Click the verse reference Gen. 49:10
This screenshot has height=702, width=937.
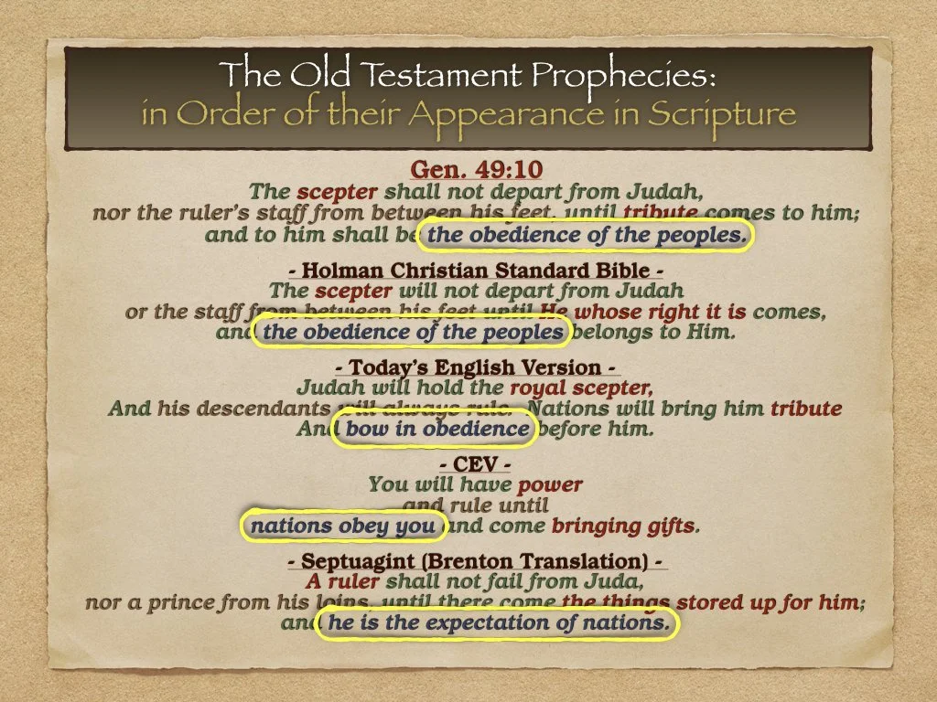tap(468, 171)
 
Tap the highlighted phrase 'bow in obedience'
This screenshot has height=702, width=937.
tap(437, 429)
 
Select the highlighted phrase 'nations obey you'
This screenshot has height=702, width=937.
tap(343, 526)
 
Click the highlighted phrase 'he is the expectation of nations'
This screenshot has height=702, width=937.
tap(497, 623)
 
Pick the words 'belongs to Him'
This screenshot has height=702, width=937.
tap(655, 332)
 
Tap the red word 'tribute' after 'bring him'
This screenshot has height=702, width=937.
tap(806, 409)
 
